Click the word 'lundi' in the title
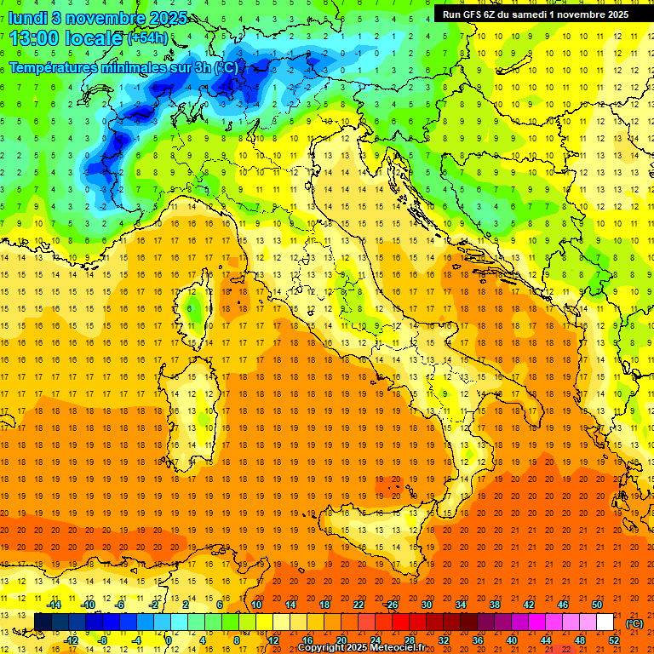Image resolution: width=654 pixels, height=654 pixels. [x=28, y=17]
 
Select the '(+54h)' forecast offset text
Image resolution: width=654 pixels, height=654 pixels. [x=147, y=38]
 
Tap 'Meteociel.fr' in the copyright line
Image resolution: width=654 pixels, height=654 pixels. [x=399, y=648]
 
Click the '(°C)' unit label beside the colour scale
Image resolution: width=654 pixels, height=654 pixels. [x=634, y=623]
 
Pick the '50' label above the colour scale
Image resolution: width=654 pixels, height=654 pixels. [x=596, y=605]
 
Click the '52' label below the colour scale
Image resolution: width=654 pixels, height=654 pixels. [x=613, y=640]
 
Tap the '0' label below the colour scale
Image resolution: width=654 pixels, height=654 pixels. [x=169, y=640]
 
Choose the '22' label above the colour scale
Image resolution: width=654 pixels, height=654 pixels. [x=358, y=605]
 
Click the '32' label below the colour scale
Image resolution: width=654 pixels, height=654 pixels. [x=443, y=640]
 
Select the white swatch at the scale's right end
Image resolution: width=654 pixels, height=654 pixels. [x=605, y=622]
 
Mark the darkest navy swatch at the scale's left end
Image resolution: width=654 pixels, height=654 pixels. [x=43, y=622]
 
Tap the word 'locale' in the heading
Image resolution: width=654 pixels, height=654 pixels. [x=95, y=37]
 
